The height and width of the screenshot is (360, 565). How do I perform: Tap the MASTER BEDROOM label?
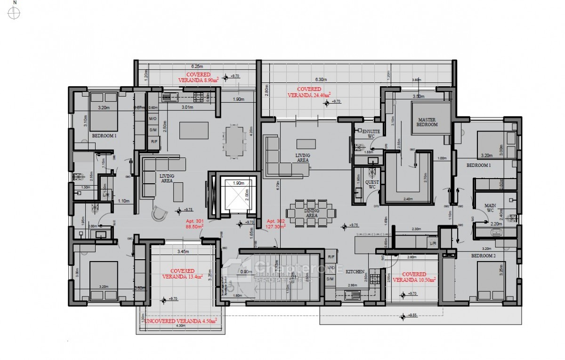(428, 122)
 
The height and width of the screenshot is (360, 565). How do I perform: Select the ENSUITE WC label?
(368, 133)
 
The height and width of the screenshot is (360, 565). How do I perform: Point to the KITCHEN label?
(355, 272)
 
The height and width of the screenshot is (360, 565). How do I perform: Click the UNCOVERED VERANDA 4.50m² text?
(181, 321)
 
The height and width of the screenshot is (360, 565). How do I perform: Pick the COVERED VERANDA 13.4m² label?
(182, 274)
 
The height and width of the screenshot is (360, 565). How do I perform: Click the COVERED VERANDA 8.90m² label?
(198, 77)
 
